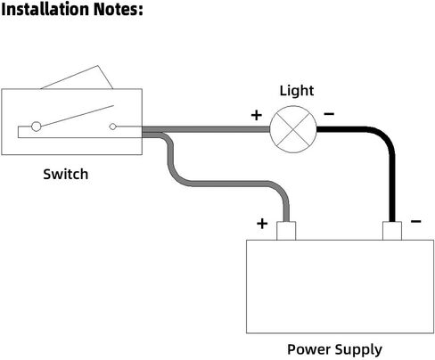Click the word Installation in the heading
[x=45, y=9]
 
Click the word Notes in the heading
[x=119, y=9]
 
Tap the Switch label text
[x=66, y=174]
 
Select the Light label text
[x=297, y=91]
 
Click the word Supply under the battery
[x=355, y=350]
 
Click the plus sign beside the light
[x=257, y=115]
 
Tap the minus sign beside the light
[x=329, y=114]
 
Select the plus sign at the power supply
[x=262, y=224]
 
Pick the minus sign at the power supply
[x=416, y=221]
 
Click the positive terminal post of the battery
[x=286, y=231]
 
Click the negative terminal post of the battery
[x=392, y=231]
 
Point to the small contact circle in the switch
[x=112, y=127]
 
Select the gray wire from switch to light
[x=206, y=129]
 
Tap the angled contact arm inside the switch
[x=78, y=116]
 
